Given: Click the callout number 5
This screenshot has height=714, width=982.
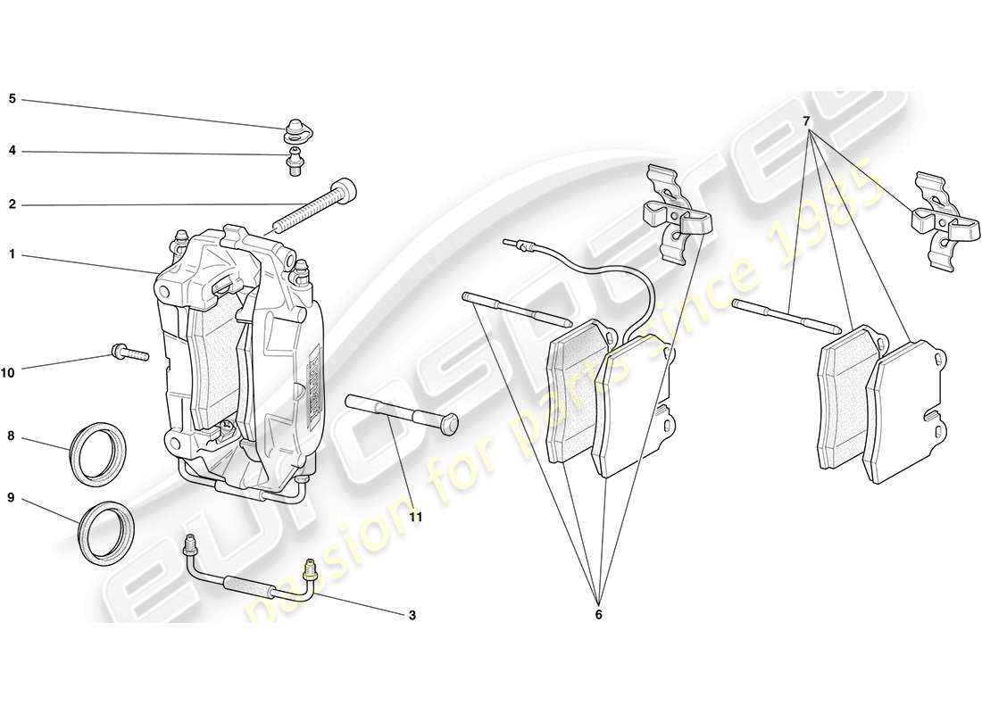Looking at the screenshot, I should click(12, 99).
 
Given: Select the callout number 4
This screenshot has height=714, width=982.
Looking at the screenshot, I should click(12, 151).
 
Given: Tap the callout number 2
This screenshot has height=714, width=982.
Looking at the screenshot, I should click(12, 204).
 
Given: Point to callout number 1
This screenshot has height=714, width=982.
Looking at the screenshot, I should click(12, 254).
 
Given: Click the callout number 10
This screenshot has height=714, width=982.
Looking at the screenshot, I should click(9, 373).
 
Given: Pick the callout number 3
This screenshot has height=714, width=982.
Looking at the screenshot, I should click(412, 615).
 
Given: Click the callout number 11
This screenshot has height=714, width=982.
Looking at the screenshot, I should click(415, 516).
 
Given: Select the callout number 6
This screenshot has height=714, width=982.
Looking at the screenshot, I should click(598, 615).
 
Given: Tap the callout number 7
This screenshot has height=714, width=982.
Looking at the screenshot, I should click(806, 120).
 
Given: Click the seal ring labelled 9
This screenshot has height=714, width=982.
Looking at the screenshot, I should click(107, 533).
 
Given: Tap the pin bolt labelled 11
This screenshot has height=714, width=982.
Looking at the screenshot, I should click(402, 416).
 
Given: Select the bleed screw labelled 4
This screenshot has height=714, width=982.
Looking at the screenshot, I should click(294, 162).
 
